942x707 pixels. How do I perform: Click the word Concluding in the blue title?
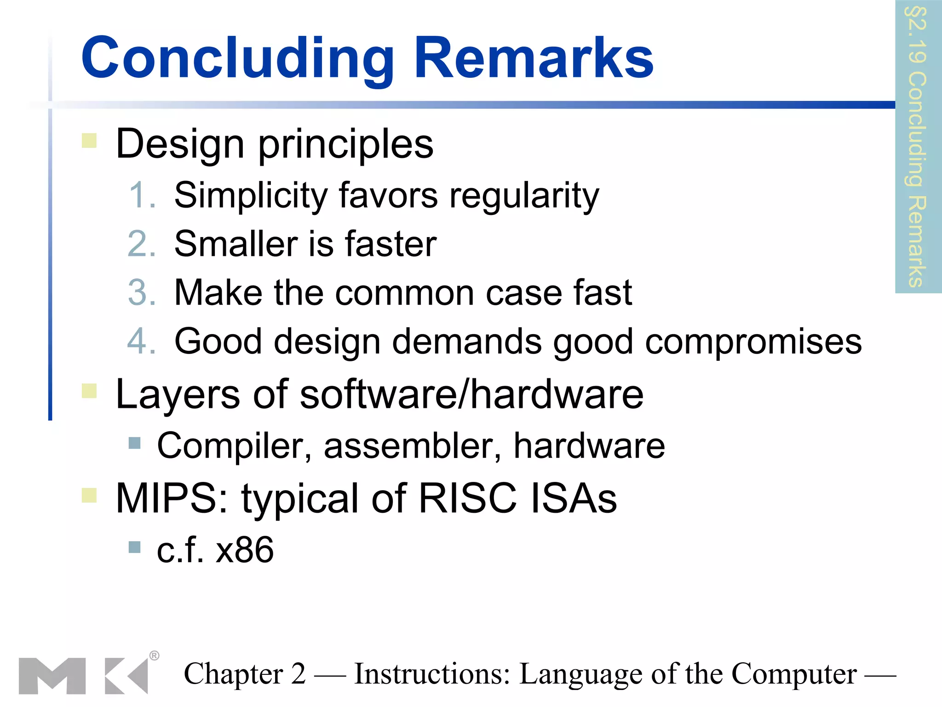(237, 58)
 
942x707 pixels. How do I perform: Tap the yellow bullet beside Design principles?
(89, 141)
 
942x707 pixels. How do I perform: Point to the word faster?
(391, 244)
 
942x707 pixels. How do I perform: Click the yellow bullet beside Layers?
(89, 391)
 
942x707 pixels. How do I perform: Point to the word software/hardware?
(471, 395)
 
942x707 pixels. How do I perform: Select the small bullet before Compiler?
(134, 443)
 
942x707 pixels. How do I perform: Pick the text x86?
(245, 550)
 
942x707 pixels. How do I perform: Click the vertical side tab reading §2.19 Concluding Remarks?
(918, 146)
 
